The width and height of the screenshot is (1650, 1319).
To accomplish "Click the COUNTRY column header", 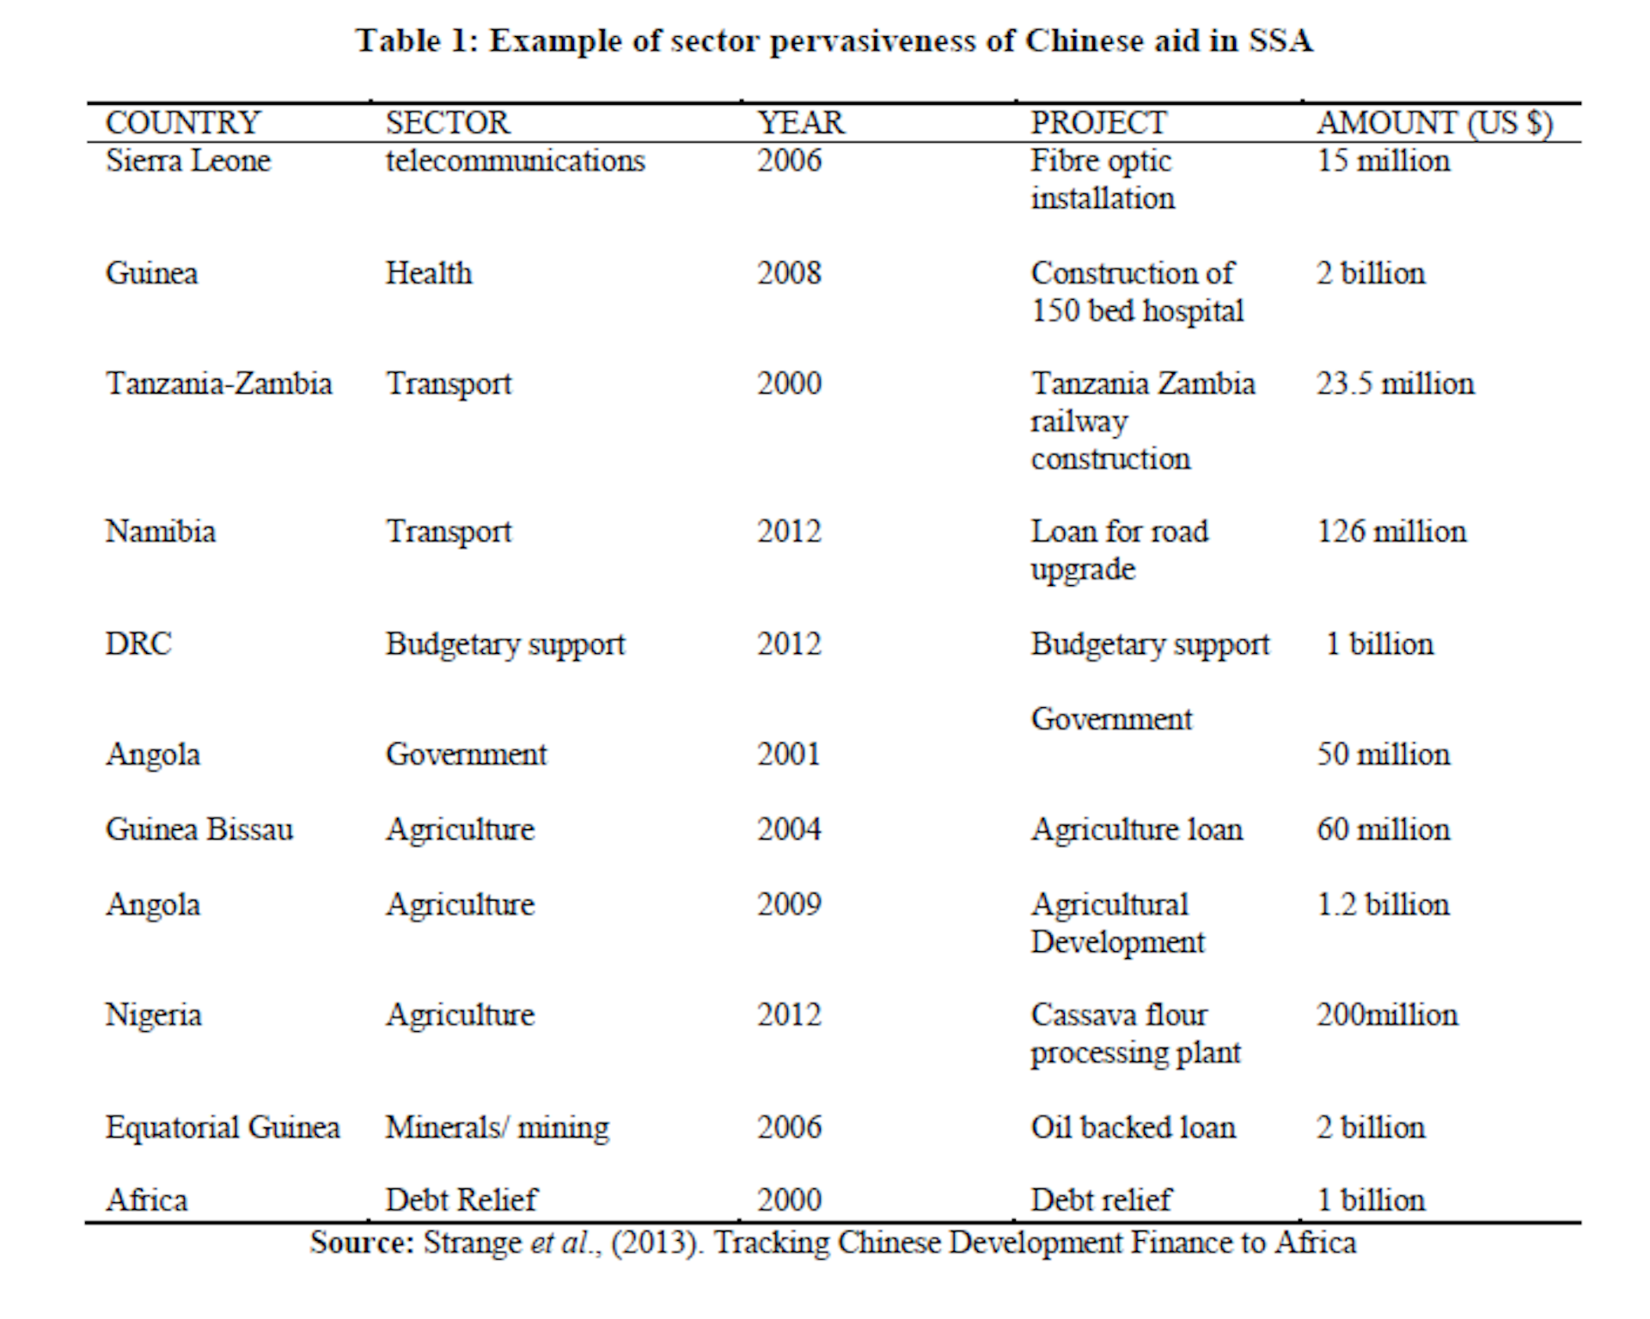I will [x=182, y=123].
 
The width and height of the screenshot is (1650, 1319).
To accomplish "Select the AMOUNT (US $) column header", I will [x=1434, y=123].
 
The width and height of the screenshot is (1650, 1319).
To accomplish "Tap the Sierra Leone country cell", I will [x=187, y=161].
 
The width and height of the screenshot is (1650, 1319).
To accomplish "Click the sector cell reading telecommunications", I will [x=515, y=161].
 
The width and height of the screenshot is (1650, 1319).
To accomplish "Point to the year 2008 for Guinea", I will [x=789, y=273].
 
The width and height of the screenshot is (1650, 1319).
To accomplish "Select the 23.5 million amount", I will [x=1395, y=383].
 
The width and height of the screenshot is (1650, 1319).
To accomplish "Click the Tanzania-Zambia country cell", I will [x=218, y=383].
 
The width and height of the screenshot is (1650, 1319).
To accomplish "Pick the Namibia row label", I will [x=160, y=531].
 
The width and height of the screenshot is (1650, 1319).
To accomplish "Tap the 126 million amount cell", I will [x=1391, y=531].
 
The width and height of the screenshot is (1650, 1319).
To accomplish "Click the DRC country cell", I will [x=138, y=644].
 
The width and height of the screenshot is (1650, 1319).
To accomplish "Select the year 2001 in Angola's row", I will [x=789, y=754].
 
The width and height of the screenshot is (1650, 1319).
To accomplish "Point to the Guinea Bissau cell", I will [x=199, y=829].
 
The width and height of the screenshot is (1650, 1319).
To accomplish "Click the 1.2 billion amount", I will [x=1383, y=904].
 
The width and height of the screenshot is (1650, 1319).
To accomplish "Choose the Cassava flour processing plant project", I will [x=1134, y=1034].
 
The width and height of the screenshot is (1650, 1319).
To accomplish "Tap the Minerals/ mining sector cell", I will [x=497, y=1127].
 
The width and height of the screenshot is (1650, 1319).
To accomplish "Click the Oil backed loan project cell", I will [x=1133, y=1127].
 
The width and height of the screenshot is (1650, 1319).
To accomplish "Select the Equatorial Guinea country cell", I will [x=223, y=1127].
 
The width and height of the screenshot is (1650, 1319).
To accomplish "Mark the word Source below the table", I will [x=361, y=1243].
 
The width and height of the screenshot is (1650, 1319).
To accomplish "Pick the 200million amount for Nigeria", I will [x=1387, y=1015].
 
